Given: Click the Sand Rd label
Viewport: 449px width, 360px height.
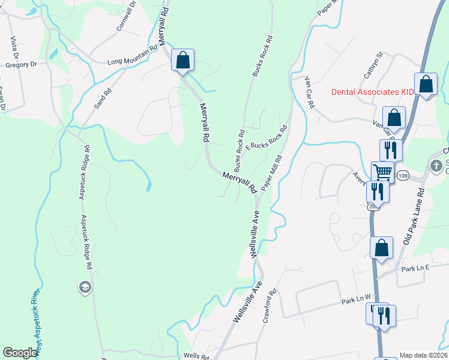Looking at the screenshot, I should pyautogui.click(x=103, y=98).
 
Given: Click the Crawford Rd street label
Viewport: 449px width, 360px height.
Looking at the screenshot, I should pyautogui.click(x=268, y=307).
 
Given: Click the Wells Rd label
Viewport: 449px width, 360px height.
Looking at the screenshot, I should pyautogui.click(x=196, y=355).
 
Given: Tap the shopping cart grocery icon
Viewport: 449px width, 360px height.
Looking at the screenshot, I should pyautogui.click(x=382, y=173).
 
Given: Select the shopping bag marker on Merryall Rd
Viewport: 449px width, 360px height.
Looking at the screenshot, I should pyautogui.click(x=182, y=61).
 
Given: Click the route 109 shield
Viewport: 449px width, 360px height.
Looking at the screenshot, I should pyautogui.click(x=403, y=175).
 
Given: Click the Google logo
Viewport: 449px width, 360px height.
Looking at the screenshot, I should pyautogui.click(x=20, y=353).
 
